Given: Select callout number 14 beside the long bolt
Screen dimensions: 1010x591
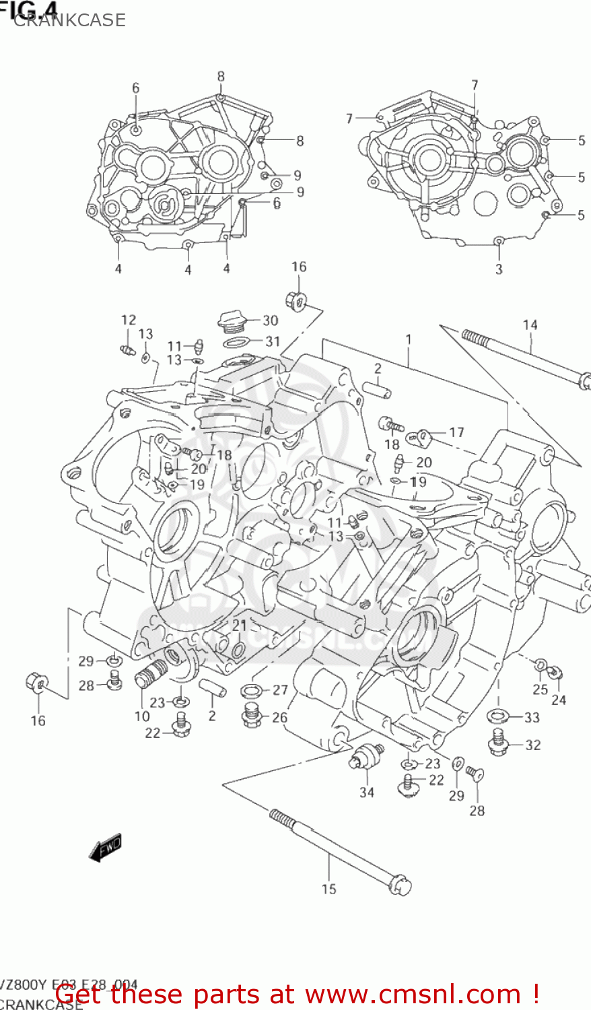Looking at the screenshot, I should (x=530, y=325).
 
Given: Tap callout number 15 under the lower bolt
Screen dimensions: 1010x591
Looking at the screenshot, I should (x=328, y=889).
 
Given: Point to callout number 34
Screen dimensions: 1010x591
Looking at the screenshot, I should (x=366, y=792).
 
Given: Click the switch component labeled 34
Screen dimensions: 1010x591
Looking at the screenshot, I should (x=364, y=757).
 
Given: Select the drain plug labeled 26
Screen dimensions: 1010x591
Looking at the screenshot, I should (x=252, y=715).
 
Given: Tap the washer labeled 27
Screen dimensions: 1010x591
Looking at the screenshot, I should (x=252, y=691).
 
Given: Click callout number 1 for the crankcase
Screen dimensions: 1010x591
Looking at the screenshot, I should (x=408, y=340).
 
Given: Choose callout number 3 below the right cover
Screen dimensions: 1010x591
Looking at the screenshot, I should (x=499, y=269).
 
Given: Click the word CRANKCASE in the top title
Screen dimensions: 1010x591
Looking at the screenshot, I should (x=69, y=20).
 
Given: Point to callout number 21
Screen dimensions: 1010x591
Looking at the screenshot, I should (x=240, y=626).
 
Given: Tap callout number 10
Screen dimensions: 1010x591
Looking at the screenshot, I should (x=142, y=716).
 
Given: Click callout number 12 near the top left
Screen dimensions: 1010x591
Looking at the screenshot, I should (x=128, y=320).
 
